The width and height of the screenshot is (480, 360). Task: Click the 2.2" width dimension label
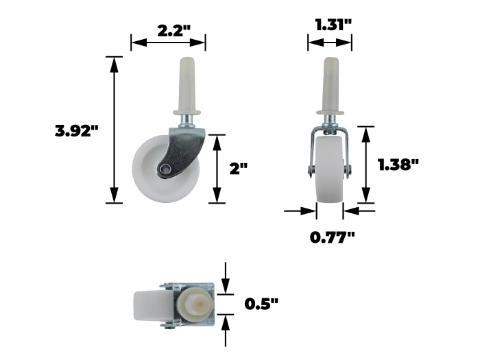pos(174,31)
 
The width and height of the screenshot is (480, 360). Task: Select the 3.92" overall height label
pos(77,131)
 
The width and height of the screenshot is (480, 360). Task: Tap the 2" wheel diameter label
pos(239,169)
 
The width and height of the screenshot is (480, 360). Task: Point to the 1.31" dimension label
pos(334,25)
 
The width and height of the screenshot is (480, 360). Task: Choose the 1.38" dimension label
pos(398,165)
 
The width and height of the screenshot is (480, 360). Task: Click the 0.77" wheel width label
pos(333,237)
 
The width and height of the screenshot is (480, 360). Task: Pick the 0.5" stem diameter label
pos(262,304)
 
